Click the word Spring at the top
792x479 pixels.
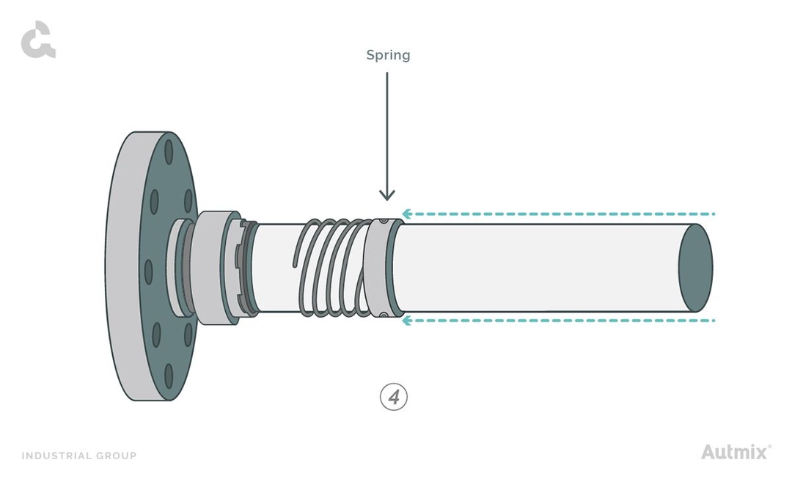(388, 55)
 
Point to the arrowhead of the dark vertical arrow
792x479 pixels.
(387, 195)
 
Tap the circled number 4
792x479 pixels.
(393, 397)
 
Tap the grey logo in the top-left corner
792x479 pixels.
(38, 40)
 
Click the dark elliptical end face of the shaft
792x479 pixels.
(695, 268)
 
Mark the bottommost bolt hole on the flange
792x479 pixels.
(169, 376)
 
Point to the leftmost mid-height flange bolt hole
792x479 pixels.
(150, 271)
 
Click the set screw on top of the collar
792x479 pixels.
(384, 221)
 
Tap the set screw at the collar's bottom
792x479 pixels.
(384, 315)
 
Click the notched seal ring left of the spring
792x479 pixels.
(246, 268)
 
